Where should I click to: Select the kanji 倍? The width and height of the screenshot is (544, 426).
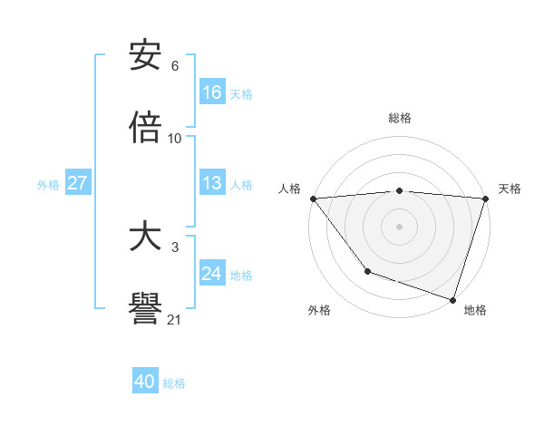tap(145, 128)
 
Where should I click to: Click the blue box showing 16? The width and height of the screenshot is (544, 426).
tap(212, 92)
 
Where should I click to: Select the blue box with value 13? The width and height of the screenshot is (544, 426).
tap(212, 183)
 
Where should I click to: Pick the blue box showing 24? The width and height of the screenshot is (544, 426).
tap(212, 274)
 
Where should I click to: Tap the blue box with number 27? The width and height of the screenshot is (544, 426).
tap(78, 183)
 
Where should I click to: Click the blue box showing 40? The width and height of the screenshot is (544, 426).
tap(145, 382)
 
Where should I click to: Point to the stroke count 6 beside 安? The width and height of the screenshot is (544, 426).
tap(175, 66)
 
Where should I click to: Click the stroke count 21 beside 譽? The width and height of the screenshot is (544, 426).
tap(174, 319)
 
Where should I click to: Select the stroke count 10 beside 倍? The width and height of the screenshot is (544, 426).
tap(174, 138)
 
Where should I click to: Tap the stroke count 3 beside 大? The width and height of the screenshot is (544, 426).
tap(175, 247)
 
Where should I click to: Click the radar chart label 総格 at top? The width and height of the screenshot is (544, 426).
tap(400, 118)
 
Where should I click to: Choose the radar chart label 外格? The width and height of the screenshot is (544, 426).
tap(319, 310)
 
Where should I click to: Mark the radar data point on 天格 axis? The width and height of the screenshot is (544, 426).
tap(485, 198)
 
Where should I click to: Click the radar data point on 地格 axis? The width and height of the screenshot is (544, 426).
tap(452, 299)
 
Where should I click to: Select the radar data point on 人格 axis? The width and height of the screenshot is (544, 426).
tap(313, 198)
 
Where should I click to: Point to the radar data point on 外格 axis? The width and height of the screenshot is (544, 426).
tap(367, 271)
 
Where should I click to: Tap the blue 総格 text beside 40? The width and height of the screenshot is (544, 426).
tap(174, 383)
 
